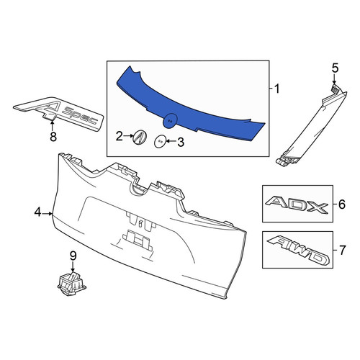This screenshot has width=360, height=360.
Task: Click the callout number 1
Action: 277,89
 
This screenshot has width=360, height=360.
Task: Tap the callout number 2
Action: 120,136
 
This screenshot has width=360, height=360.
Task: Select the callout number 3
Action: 181,142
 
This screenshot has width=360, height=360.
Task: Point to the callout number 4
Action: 38,212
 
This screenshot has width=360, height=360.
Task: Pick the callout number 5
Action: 335,68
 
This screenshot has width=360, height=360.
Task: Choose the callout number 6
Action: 342,204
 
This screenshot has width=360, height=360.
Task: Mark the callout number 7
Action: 342,250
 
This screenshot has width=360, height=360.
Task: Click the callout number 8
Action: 53,137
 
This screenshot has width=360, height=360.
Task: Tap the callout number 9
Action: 73,256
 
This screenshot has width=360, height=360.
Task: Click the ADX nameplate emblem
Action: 297,204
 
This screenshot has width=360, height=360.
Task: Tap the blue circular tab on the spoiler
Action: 170,120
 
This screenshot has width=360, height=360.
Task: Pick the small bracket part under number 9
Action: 72,284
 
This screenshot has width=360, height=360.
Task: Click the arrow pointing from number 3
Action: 171,141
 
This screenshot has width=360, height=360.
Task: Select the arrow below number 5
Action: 335,79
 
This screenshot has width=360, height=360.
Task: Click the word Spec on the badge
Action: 82,116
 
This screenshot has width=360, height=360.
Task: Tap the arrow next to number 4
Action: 48,213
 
